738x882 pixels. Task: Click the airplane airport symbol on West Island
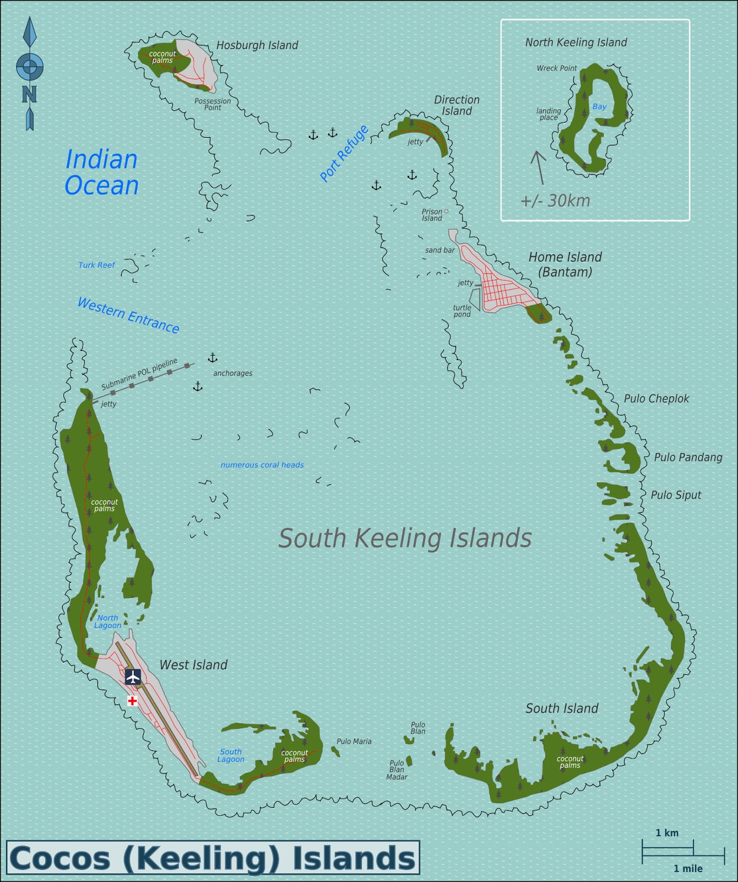(133, 676)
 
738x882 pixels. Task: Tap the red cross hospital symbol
(132, 701)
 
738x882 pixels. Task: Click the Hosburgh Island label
(257, 45)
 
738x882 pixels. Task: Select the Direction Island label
(457, 105)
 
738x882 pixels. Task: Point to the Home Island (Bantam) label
(565, 264)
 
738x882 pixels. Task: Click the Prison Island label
(432, 215)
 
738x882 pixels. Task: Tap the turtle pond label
(462, 311)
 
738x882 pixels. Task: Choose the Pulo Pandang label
(688, 457)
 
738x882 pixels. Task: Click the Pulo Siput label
(676, 495)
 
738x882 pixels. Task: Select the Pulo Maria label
(354, 741)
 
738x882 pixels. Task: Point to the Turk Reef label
(96, 265)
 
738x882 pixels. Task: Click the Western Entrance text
(128, 315)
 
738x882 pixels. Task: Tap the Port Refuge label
(344, 153)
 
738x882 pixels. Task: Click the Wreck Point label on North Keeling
(557, 68)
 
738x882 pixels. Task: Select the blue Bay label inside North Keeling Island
(599, 107)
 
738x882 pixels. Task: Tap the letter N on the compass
(29, 94)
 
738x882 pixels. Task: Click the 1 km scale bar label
(667, 832)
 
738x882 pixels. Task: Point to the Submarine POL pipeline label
(139, 374)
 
